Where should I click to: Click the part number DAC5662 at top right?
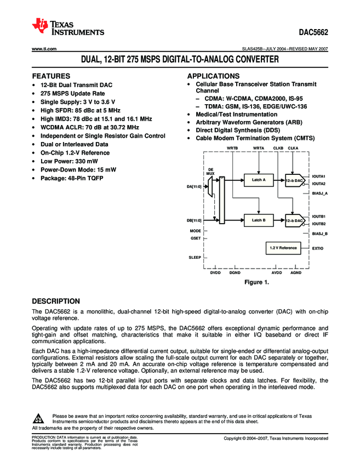click(x=313, y=31)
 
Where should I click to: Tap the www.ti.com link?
click(x=45, y=49)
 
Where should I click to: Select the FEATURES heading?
click(x=51, y=76)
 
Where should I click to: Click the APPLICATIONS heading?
click(x=214, y=76)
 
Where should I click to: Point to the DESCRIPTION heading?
click(x=56, y=301)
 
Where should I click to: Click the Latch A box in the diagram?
click(x=258, y=179)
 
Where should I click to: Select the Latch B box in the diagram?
click(x=258, y=220)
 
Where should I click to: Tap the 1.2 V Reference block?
click(x=283, y=248)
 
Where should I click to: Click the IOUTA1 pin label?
click(x=319, y=176)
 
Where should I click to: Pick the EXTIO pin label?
click(x=318, y=248)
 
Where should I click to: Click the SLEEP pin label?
click(x=195, y=257)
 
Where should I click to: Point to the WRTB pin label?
click(x=232, y=148)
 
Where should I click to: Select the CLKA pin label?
click(x=293, y=148)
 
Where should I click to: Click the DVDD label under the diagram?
click(x=215, y=272)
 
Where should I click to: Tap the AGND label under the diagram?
click(x=295, y=272)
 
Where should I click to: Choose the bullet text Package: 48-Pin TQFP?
click(x=71, y=178)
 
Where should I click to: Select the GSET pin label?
click(x=196, y=238)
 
